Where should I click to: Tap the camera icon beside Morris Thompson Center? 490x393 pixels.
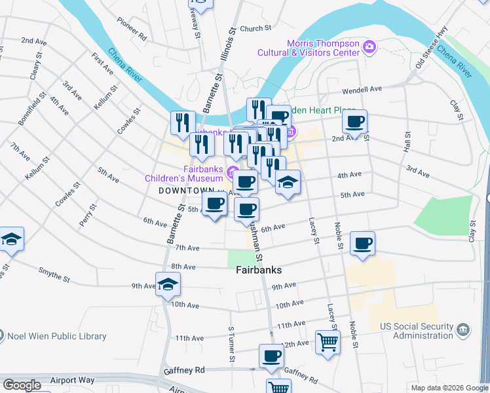coord(369,47)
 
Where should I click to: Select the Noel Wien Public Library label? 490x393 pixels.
coord(56,337)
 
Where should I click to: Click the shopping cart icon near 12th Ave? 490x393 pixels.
coord(327,341)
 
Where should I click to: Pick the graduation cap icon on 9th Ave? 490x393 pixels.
coord(168,284)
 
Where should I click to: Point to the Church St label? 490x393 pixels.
coord(255,28)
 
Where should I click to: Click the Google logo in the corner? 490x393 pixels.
coord(22,385)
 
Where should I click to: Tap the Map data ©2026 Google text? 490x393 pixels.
coord(449,388)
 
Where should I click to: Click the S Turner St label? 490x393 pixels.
coord(231,345)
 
